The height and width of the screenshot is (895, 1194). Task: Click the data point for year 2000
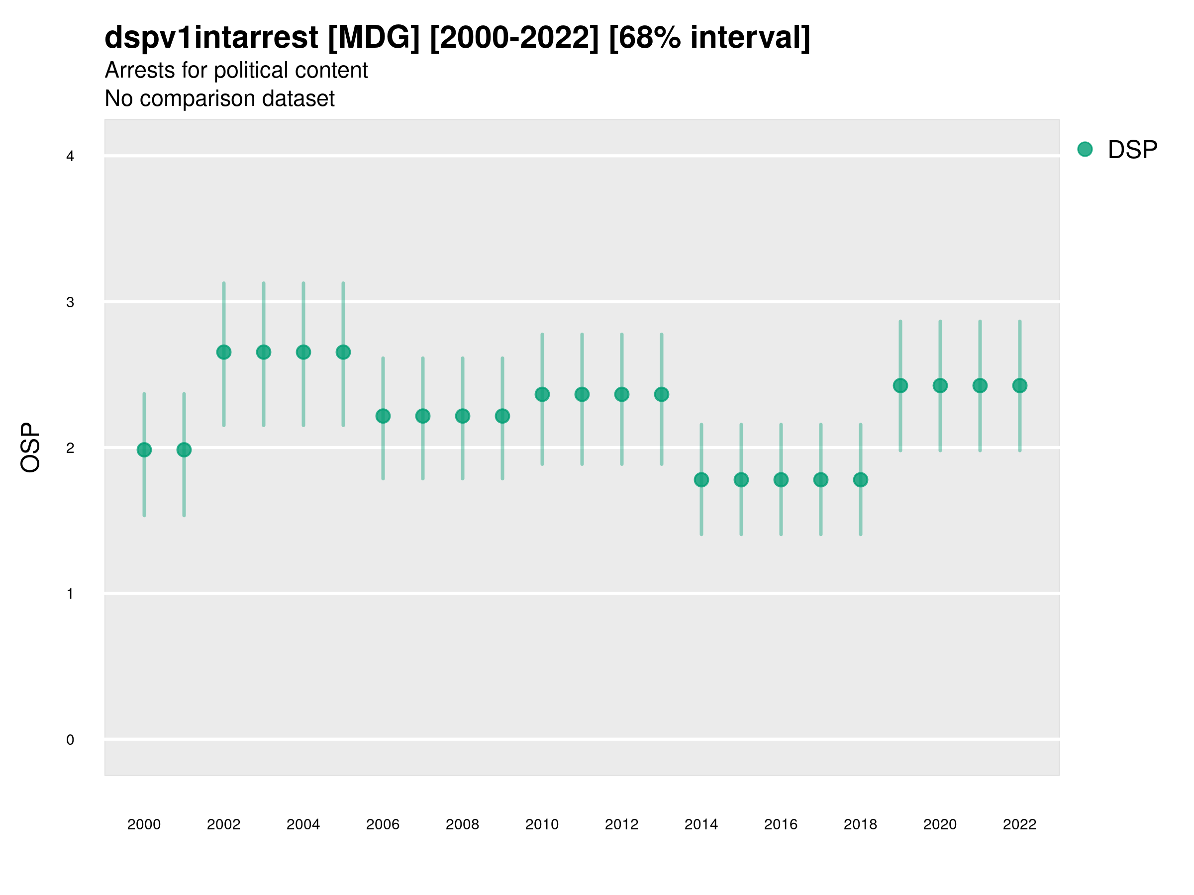[144, 450]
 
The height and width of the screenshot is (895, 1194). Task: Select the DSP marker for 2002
[223, 352]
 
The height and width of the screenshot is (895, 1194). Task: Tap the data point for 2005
[343, 352]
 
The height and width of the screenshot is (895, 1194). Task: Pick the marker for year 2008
[463, 416]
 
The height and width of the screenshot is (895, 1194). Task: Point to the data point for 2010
[542, 394]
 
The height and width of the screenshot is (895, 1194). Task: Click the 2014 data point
[701, 480]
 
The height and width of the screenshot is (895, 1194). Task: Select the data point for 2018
[860, 480]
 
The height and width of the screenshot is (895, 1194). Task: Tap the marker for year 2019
[900, 386]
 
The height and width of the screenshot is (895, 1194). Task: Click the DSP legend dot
[1085, 150]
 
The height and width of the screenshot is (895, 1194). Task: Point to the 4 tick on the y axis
[70, 157]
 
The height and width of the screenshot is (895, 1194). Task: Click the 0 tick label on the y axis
[70, 740]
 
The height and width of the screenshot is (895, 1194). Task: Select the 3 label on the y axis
[70, 302]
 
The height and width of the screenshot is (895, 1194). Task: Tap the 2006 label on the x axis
[383, 824]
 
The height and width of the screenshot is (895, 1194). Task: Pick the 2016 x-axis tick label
[781, 824]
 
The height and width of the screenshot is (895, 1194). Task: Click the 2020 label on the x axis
[940, 824]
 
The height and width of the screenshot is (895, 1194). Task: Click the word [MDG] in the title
[374, 38]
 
